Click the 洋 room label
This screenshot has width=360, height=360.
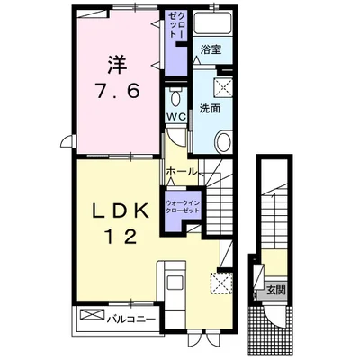(115, 64)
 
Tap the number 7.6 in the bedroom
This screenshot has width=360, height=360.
(117, 91)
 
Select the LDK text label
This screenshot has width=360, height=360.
(120, 212)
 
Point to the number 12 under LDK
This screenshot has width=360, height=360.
(121, 237)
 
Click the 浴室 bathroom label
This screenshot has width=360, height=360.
(211, 49)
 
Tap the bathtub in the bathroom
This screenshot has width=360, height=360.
(212, 23)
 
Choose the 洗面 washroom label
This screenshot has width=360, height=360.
(210, 108)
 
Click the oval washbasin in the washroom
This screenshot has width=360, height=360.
(224, 141)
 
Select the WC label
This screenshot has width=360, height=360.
(176, 117)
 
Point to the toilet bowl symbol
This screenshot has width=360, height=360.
(176, 97)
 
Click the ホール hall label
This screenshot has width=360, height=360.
(182, 172)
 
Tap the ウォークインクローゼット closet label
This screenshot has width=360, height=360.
(183, 206)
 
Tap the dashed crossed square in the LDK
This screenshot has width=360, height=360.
(221, 283)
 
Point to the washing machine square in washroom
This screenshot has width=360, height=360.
(223, 87)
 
